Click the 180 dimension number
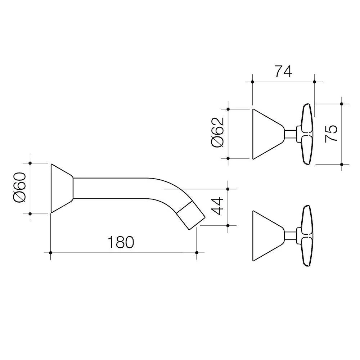coord(121,242)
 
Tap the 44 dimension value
coord(217,206)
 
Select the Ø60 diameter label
coord(20,188)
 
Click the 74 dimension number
coord(283,71)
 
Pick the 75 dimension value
coord(331,134)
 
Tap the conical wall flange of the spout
coord(62,188)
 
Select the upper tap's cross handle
coord(305,134)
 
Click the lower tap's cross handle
coord(305,236)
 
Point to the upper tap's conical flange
coord(268,134)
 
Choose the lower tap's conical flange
coord(268,236)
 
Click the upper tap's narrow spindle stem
coord(291,134)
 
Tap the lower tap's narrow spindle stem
coord(291,236)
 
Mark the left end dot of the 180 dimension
coord(51,253)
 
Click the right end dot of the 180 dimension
coord(197,253)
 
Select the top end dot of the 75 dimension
coord(342,104)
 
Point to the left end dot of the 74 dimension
coord(253,82)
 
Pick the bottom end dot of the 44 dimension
coord(228,226)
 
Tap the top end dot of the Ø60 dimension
coord(30,163)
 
